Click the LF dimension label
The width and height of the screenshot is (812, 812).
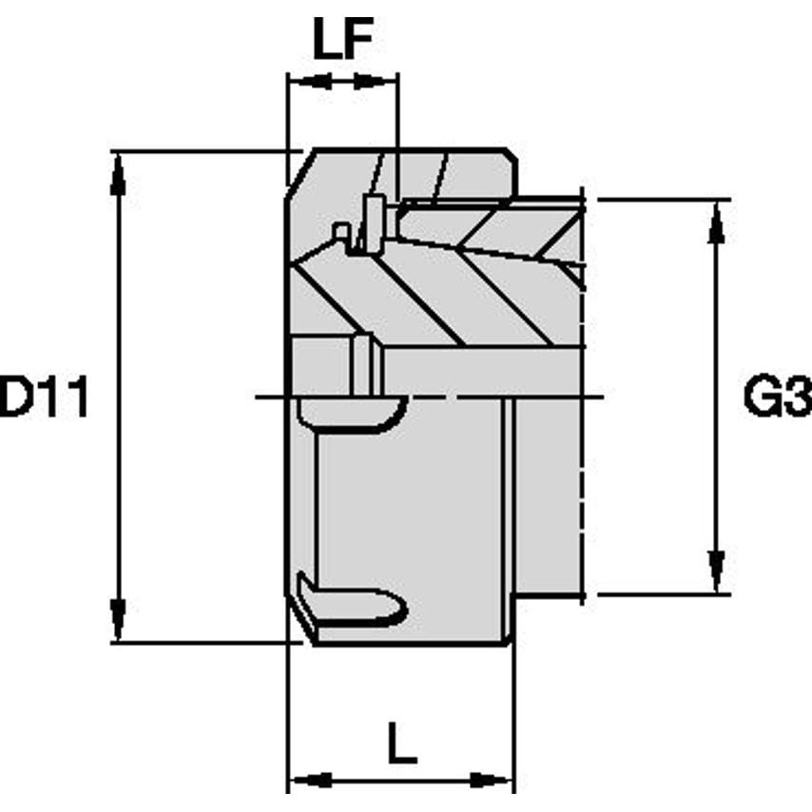click(x=342, y=41)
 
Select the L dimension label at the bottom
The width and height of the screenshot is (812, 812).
click(x=401, y=743)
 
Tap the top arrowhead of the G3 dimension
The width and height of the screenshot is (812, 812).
click(x=715, y=222)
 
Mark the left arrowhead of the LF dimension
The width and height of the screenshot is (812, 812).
click(x=301, y=82)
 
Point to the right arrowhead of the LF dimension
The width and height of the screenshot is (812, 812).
click(x=383, y=82)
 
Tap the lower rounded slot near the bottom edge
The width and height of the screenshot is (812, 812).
click(x=352, y=603)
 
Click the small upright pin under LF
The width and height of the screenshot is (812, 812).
click(x=374, y=224)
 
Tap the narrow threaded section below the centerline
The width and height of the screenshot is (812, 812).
click(x=547, y=494)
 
